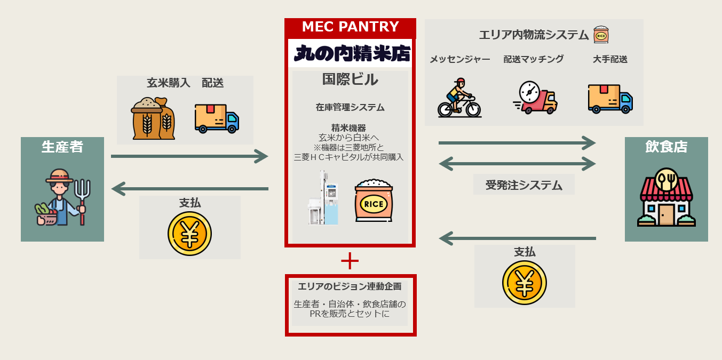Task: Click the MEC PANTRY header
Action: tap(350, 27)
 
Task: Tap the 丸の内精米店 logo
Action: tap(352, 53)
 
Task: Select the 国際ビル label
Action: tap(350, 79)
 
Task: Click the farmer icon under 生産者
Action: tap(63, 197)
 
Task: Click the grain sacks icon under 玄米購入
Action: tap(153, 118)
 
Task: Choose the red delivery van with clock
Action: tap(535, 98)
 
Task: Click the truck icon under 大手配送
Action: tap(610, 99)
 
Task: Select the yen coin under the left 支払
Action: tap(189, 234)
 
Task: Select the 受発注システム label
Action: tap(523, 185)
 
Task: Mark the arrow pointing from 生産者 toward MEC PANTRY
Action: tap(189, 156)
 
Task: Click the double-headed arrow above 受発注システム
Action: tap(517, 163)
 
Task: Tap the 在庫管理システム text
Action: tap(350, 107)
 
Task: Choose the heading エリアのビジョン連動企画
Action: tap(350, 286)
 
